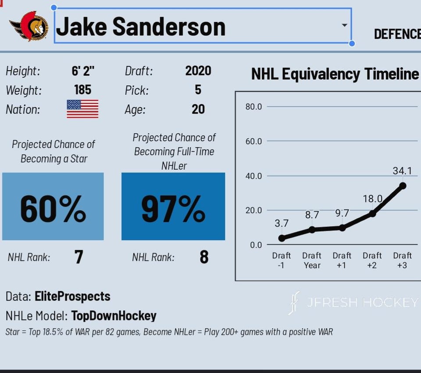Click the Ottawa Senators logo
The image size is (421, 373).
pyautogui.click(x=29, y=26)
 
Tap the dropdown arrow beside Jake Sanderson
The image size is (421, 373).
pyautogui.click(x=345, y=25)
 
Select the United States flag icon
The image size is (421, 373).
pyautogui.click(x=82, y=109)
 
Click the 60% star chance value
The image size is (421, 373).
pyautogui.click(x=53, y=209)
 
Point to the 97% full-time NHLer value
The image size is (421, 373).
pyautogui.click(x=173, y=209)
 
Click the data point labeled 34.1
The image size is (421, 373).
pyautogui.click(x=403, y=186)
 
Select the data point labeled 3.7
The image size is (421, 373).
pyautogui.click(x=282, y=238)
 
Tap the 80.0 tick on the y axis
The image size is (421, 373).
pyautogui.click(x=253, y=107)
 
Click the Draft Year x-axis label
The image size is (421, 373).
pyautogui.click(x=312, y=260)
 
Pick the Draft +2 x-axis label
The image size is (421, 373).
pyautogui.click(x=372, y=260)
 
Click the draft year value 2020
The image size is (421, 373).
pyautogui.click(x=198, y=71)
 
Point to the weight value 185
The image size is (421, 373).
pyautogui.click(x=82, y=90)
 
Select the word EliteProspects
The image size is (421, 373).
pyautogui.click(x=72, y=297)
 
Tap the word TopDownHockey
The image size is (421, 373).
pyautogui.click(x=114, y=316)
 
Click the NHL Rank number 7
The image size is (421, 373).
pyautogui.click(x=78, y=257)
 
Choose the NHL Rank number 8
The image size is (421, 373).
pyautogui.click(x=204, y=257)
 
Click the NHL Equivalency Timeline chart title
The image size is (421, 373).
pyautogui.click(x=335, y=74)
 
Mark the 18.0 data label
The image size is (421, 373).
pyautogui.click(x=373, y=199)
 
